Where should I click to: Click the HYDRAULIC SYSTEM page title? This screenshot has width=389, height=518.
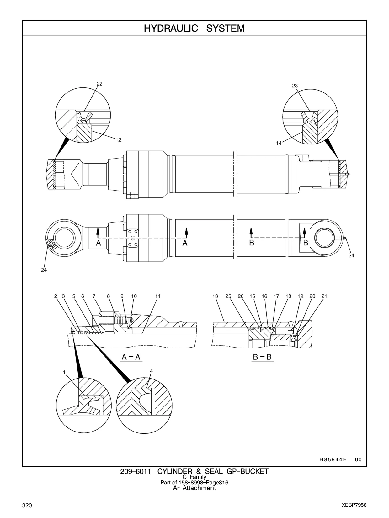[x=194, y=28]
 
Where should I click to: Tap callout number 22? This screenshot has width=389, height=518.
[x=99, y=84]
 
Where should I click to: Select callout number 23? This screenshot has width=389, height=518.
[x=295, y=86]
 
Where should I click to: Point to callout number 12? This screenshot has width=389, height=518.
[x=118, y=140]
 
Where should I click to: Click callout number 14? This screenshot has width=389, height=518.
[x=279, y=143]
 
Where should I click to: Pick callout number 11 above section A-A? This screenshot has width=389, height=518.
[x=158, y=296]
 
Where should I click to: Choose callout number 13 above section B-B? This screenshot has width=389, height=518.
[x=215, y=296]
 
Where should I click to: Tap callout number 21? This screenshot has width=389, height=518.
[x=324, y=296]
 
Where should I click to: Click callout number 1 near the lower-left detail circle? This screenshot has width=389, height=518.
[x=64, y=372]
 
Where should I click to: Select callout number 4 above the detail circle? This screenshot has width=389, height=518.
[x=152, y=371]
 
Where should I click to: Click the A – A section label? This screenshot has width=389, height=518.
[x=131, y=357]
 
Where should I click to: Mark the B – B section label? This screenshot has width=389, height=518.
[x=262, y=357]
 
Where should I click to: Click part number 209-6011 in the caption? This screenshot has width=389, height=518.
[x=136, y=472]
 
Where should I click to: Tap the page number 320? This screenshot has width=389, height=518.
[x=27, y=505]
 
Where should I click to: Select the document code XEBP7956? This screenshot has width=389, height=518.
[x=354, y=505]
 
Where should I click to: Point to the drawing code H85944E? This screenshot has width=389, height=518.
[x=333, y=459]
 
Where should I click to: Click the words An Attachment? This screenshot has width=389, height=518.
[x=194, y=488]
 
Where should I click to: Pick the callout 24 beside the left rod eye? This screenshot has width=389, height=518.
[x=44, y=270]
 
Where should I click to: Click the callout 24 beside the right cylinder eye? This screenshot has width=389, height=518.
[x=351, y=255]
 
